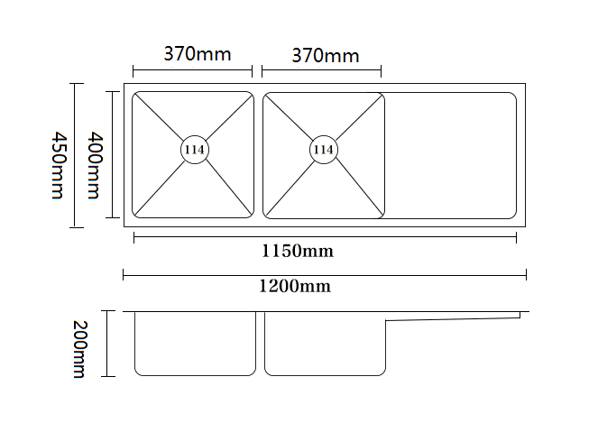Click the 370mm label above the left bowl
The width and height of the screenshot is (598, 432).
197,54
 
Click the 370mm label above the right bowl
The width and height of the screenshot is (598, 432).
325,56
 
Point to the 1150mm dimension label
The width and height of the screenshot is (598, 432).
298,252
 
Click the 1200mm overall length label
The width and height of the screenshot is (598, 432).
295,287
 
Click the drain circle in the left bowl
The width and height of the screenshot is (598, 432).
194,150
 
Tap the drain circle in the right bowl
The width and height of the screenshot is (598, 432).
324,150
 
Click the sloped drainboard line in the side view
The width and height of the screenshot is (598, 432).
451,317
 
